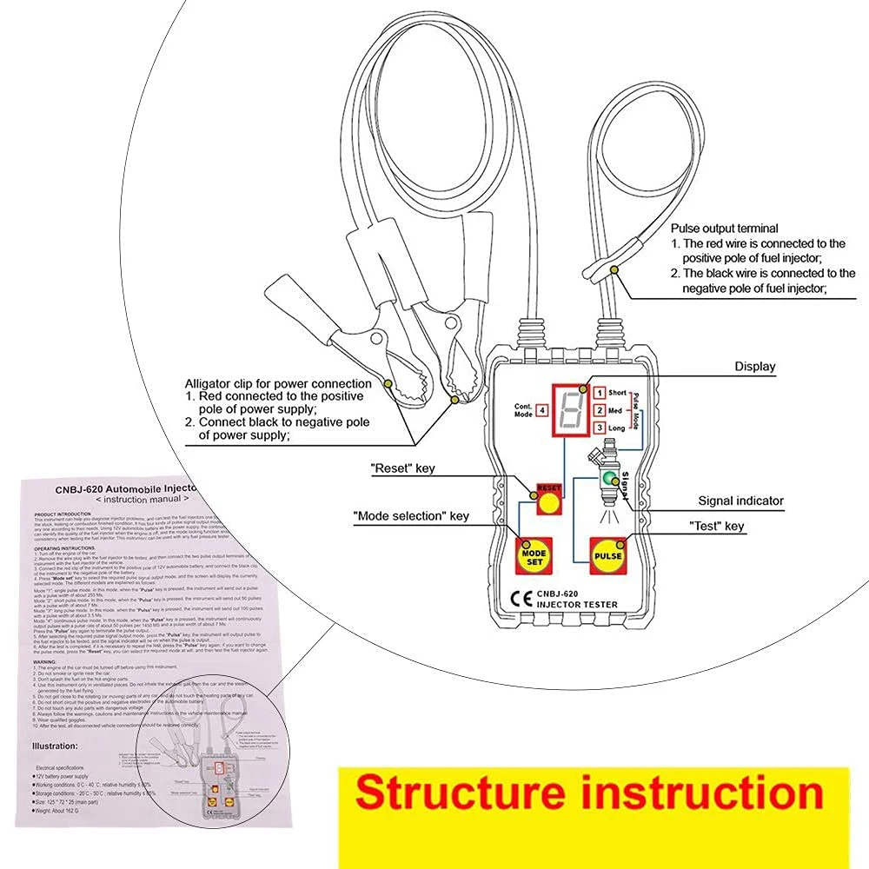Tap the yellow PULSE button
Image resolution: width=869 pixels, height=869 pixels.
coord(609,555)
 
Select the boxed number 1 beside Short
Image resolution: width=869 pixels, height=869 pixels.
coord(600,393)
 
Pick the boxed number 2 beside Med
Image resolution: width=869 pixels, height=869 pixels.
coord(600,410)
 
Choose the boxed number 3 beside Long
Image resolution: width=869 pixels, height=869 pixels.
coord(600,428)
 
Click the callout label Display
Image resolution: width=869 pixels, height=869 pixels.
coord(755,367)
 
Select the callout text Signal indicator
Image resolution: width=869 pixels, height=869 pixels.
coord(740,501)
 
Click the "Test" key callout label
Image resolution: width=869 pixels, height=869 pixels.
coord(716,526)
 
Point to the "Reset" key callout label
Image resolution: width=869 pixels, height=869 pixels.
coord(402,468)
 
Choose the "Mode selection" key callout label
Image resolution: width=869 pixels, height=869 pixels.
coord(410,516)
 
